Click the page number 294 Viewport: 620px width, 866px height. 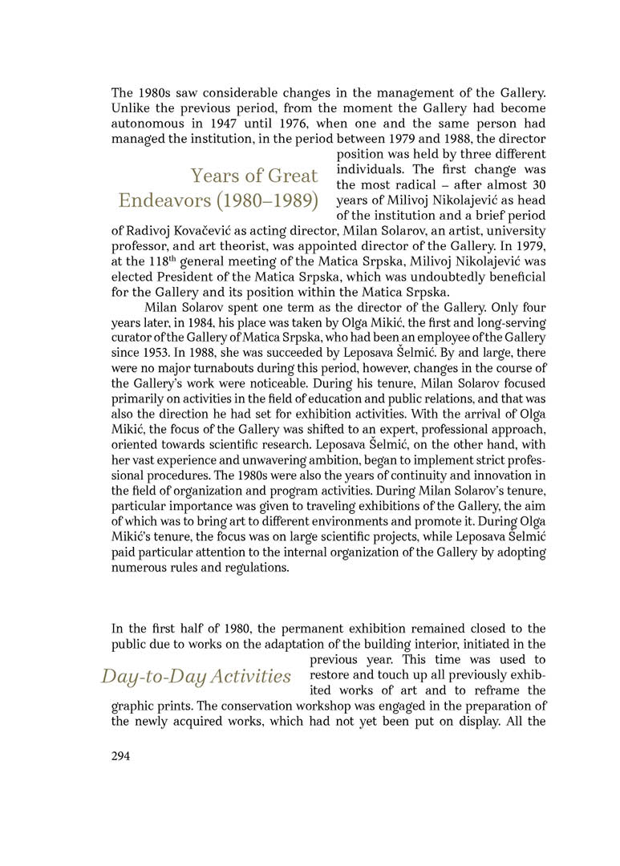tap(120, 755)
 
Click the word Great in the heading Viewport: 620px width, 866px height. tap(292, 175)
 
